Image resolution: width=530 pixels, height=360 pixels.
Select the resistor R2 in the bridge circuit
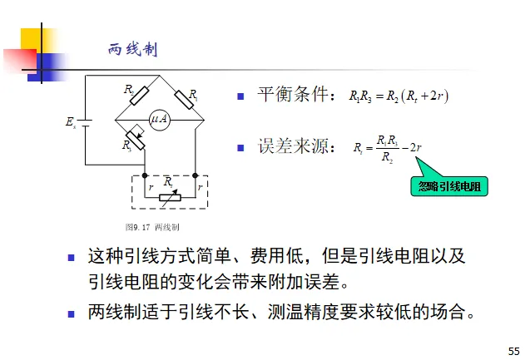pos(137,93)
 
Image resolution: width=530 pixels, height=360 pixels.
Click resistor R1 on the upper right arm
pos(185,96)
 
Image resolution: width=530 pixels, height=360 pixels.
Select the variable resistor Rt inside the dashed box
pos(170,190)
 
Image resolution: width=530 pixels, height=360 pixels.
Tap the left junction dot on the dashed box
pos(145,176)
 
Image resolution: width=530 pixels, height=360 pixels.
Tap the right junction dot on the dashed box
pos(195,176)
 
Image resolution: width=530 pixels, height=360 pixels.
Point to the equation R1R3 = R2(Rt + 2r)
pos(399,96)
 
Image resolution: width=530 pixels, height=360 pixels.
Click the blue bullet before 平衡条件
pos(240,96)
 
